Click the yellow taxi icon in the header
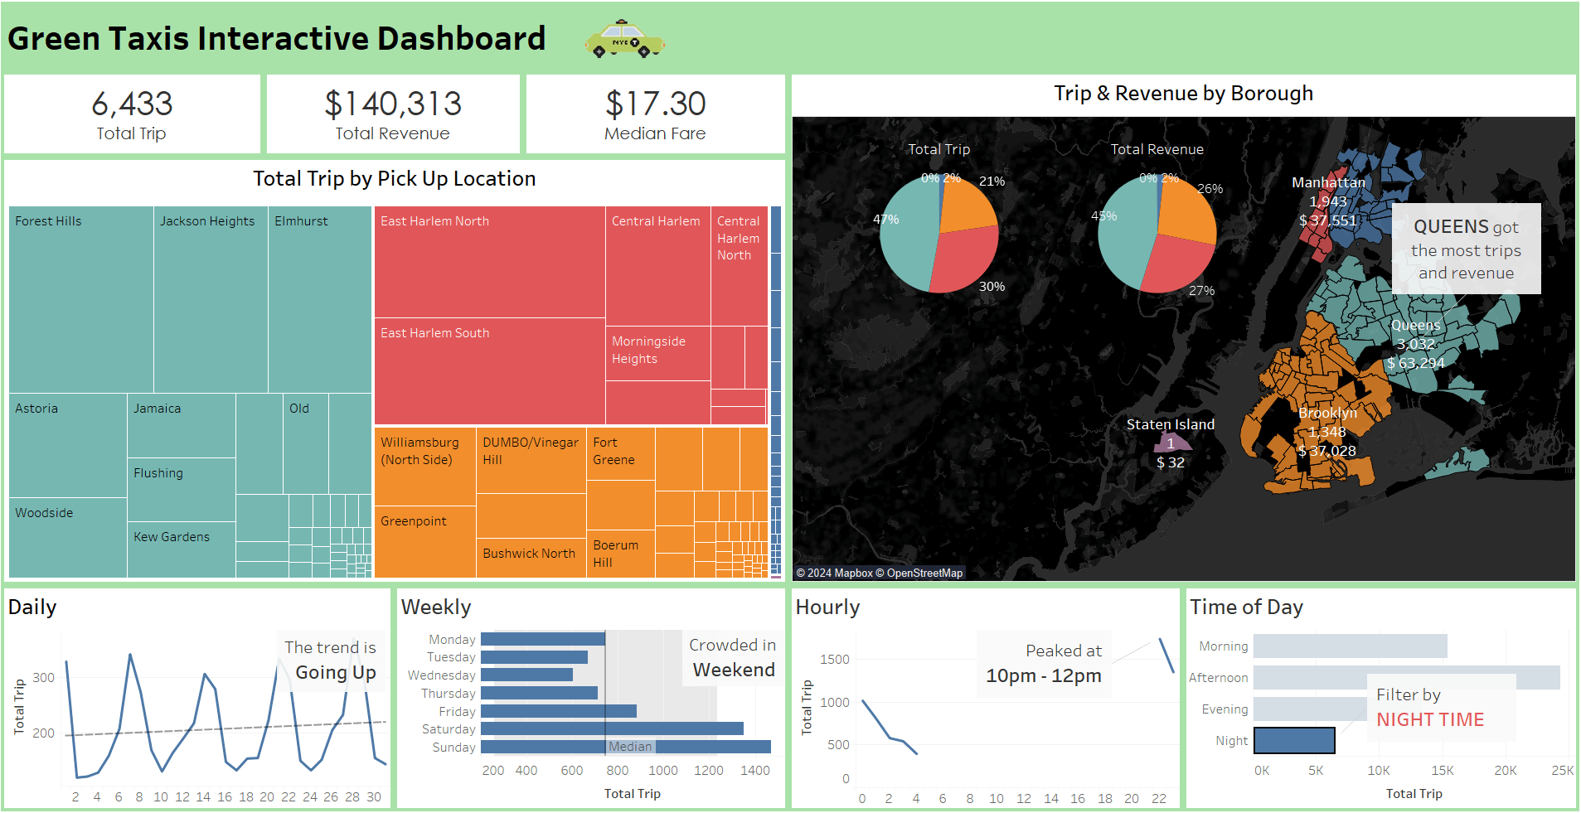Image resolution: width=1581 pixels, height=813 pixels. (624, 39)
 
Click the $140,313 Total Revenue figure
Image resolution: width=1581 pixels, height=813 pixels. (393, 104)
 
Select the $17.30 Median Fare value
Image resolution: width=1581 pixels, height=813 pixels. (656, 104)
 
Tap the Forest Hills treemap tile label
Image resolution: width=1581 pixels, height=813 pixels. (48, 221)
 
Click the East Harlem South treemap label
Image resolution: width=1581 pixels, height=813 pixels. (434, 333)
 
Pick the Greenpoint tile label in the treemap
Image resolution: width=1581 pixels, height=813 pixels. (414, 521)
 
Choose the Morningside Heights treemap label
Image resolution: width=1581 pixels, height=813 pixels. (648, 350)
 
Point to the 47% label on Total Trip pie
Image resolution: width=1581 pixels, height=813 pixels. (886, 220)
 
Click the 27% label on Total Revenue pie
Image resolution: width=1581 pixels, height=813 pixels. (1202, 291)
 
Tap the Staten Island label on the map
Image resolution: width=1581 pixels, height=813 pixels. (1171, 424)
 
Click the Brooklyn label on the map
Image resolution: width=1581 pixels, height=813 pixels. (1328, 413)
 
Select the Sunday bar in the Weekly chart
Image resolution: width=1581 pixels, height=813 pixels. (626, 747)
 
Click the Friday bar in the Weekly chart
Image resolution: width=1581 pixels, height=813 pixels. (559, 711)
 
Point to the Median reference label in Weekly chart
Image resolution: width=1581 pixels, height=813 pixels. (631, 747)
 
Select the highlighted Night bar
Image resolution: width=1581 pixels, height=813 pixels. (1294, 740)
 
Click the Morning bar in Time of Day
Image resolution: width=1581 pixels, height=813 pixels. (1351, 646)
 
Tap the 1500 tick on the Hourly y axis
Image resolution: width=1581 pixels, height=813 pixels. (835, 660)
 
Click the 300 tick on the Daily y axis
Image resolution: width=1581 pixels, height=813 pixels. (44, 678)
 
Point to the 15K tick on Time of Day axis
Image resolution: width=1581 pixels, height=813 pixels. (1443, 771)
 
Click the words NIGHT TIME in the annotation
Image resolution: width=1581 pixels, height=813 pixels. (1431, 719)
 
